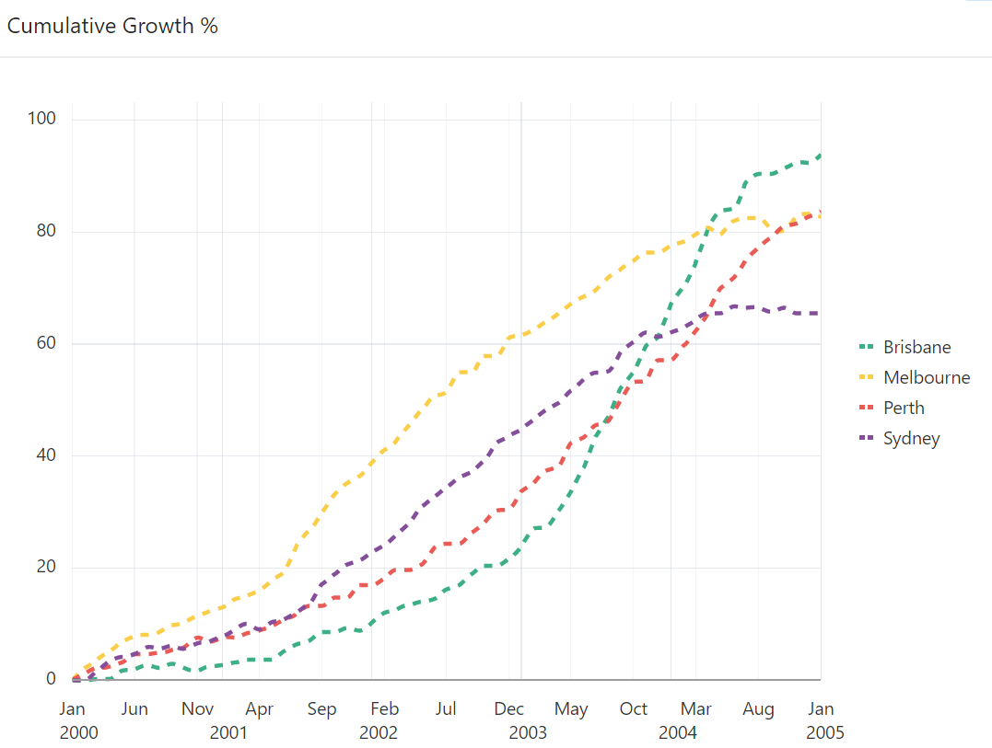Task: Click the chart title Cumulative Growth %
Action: (112, 26)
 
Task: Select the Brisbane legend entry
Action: (916, 347)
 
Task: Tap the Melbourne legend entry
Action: (926, 377)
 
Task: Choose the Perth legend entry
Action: (903, 408)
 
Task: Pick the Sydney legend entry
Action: (911, 438)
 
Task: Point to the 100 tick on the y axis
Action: (43, 119)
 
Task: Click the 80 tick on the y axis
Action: (47, 231)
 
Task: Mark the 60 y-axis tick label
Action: (47, 343)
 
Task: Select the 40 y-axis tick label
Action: (47, 455)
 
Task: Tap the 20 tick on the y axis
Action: (47, 567)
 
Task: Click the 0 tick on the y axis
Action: (52, 679)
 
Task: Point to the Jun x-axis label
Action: (134, 709)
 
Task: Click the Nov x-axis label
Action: (197, 709)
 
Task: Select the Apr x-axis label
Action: (260, 709)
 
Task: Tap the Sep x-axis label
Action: (321, 709)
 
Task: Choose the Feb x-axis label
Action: (384, 709)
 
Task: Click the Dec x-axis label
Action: (509, 709)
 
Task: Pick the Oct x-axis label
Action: (634, 709)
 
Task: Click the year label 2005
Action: (824, 733)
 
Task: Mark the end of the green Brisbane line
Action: (820, 155)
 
